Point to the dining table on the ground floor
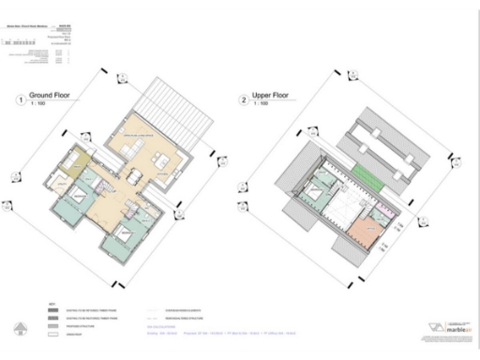tap(135, 174)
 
